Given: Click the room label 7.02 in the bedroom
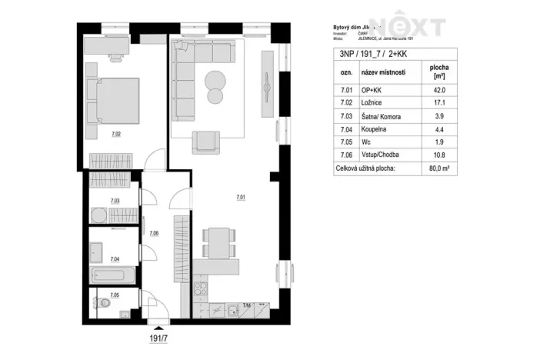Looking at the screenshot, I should [115, 135].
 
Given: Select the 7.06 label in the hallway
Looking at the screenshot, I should [154, 233].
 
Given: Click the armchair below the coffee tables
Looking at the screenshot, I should [205, 142].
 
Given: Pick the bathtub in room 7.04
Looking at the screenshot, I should [112, 275].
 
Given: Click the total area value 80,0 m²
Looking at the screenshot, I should [440, 166].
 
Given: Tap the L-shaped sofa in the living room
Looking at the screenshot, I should [192, 73].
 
